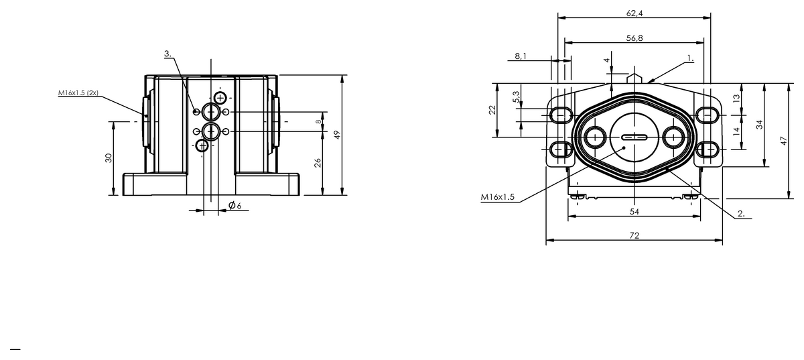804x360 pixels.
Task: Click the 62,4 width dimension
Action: pyautogui.click(x=634, y=13)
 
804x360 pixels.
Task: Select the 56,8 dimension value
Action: pyautogui.click(x=634, y=38)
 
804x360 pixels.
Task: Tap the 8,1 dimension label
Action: pyautogui.click(x=521, y=56)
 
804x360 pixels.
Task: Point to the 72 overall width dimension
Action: pyautogui.click(x=634, y=236)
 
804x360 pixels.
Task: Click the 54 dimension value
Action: pyautogui.click(x=634, y=212)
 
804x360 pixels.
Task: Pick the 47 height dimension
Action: pyautogui.click(x=783, y=141)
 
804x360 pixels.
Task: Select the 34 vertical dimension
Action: pyautogui.click(x=759, y=125)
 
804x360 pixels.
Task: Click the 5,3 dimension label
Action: pyautogui.click(x=516, y=97)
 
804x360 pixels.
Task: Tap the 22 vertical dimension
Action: pyautogui.click(x=492, y=109)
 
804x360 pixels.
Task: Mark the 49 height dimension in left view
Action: pyautogui.click(x=336, y=135)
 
